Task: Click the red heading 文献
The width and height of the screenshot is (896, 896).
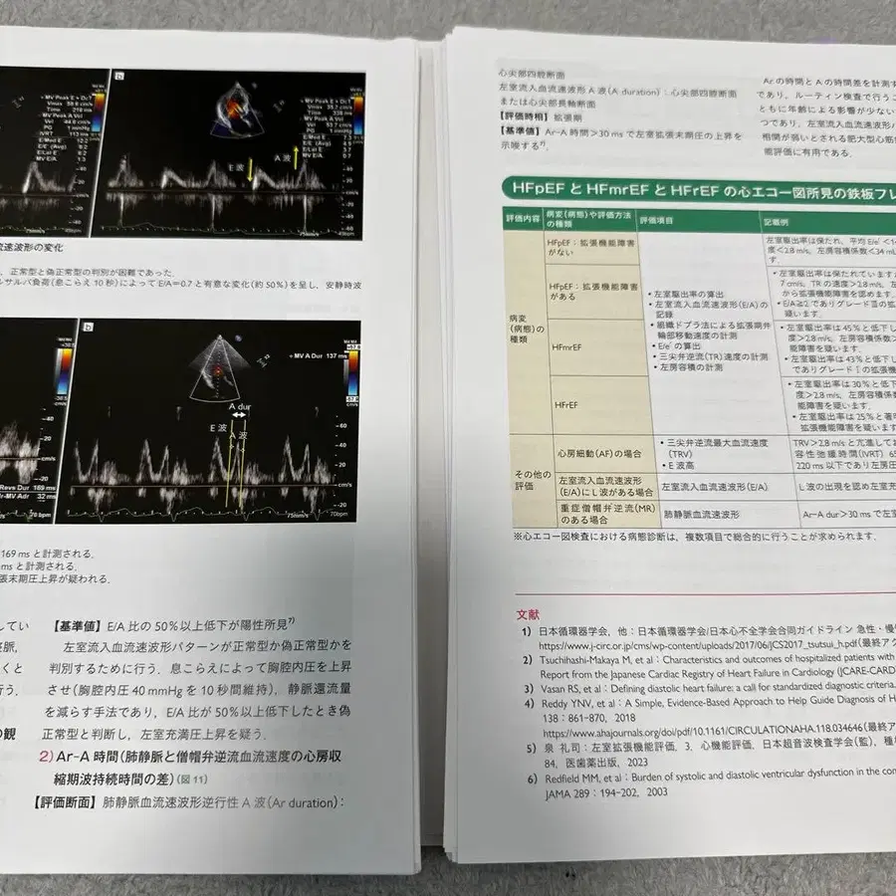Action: (529, 615)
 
